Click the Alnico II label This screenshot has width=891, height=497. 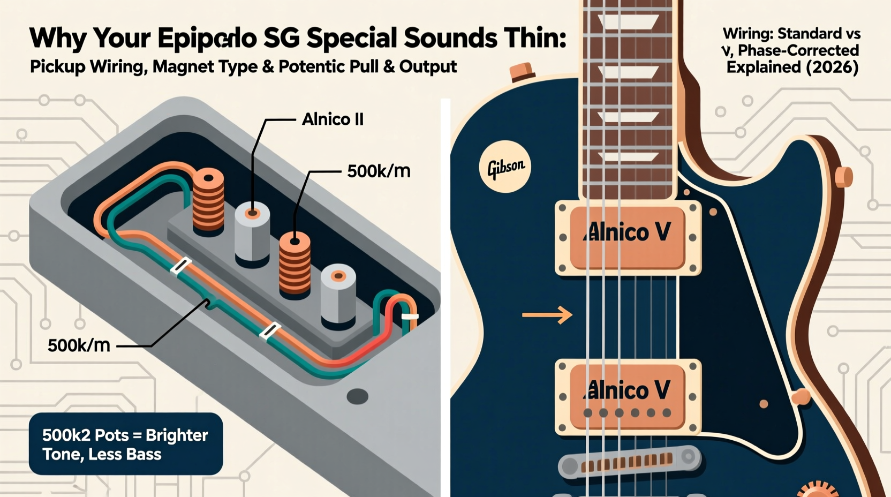(x=333, y=119)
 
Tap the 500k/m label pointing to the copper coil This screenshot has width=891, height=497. (x=379, y=171)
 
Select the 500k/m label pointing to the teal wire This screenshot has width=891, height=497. (x=79, y=345)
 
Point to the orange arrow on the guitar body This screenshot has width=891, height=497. (x=547, y=315)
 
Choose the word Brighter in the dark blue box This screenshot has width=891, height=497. (x=177, y=435)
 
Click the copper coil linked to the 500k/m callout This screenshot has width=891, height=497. (x=295, y=262)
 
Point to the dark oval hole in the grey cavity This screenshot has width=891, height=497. (x=357, y=397)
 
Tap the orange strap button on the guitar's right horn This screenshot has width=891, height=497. (x=844, y=177)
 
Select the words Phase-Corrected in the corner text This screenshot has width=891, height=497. (x=798, y=50)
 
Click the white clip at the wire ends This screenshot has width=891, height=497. (x=410, y=317)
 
